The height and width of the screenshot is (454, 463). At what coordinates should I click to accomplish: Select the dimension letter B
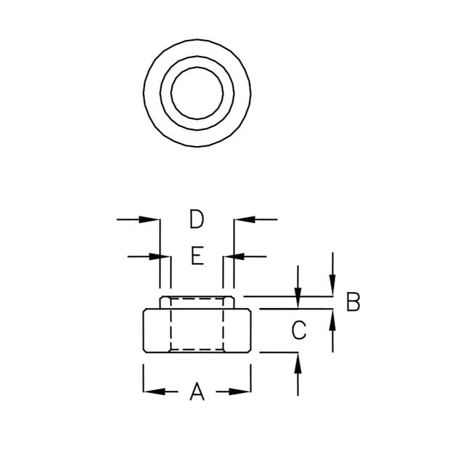[x=353, y=301]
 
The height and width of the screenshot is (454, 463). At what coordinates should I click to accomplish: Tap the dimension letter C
[x=298, y=331]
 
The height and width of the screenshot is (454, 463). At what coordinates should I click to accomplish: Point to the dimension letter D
[x=197, y=219]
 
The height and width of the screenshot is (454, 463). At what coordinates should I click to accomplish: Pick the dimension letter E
[x=197, y=256]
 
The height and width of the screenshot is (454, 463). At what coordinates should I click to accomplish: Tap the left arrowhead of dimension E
[x=164, y=256]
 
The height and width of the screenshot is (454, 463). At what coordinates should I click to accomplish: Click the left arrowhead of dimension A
[x=149, y=392]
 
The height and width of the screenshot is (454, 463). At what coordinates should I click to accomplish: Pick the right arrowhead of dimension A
[x=245, y=392]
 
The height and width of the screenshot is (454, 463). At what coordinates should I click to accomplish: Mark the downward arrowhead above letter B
[x=332, y=290]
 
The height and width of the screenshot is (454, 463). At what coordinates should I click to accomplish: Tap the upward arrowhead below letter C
[x=298, y=359]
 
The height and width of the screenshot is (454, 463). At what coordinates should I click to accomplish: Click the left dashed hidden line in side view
[x=170, y=327]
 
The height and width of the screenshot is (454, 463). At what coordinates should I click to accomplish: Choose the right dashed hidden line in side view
[x=224, y=327]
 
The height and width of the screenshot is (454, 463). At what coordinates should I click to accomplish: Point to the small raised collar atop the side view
[x=197, y=302]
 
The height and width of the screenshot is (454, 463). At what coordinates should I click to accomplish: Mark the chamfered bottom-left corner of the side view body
[x=145, y=350]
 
